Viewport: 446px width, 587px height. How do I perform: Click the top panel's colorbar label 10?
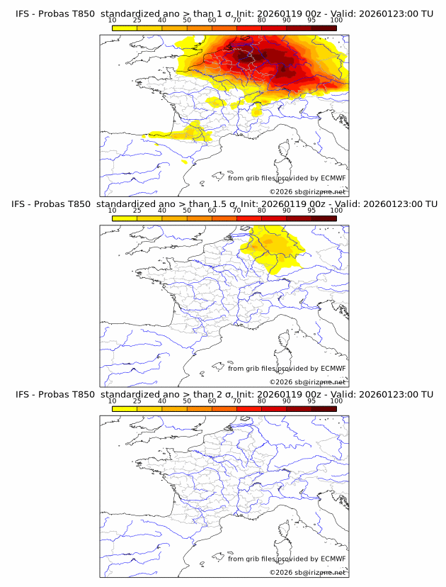(112, 21)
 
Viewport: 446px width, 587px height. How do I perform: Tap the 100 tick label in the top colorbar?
(336, 21)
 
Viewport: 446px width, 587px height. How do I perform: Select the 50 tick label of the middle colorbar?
(187, 210)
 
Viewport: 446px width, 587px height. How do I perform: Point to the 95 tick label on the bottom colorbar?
(311, 401)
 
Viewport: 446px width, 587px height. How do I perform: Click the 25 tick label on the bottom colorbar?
(137, 401)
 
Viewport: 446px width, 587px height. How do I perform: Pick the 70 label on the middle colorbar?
(236, 210)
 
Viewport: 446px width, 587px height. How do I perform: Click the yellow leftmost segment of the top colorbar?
(124, 28)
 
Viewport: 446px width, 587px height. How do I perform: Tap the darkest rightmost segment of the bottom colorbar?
(324, 408)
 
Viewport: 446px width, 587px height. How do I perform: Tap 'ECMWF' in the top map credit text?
(333, 179)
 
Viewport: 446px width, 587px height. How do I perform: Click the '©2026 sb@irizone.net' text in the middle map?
(307, 381)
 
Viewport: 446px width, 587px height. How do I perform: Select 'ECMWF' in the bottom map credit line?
(333, 559)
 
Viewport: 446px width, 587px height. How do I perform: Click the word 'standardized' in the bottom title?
(135, 394)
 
